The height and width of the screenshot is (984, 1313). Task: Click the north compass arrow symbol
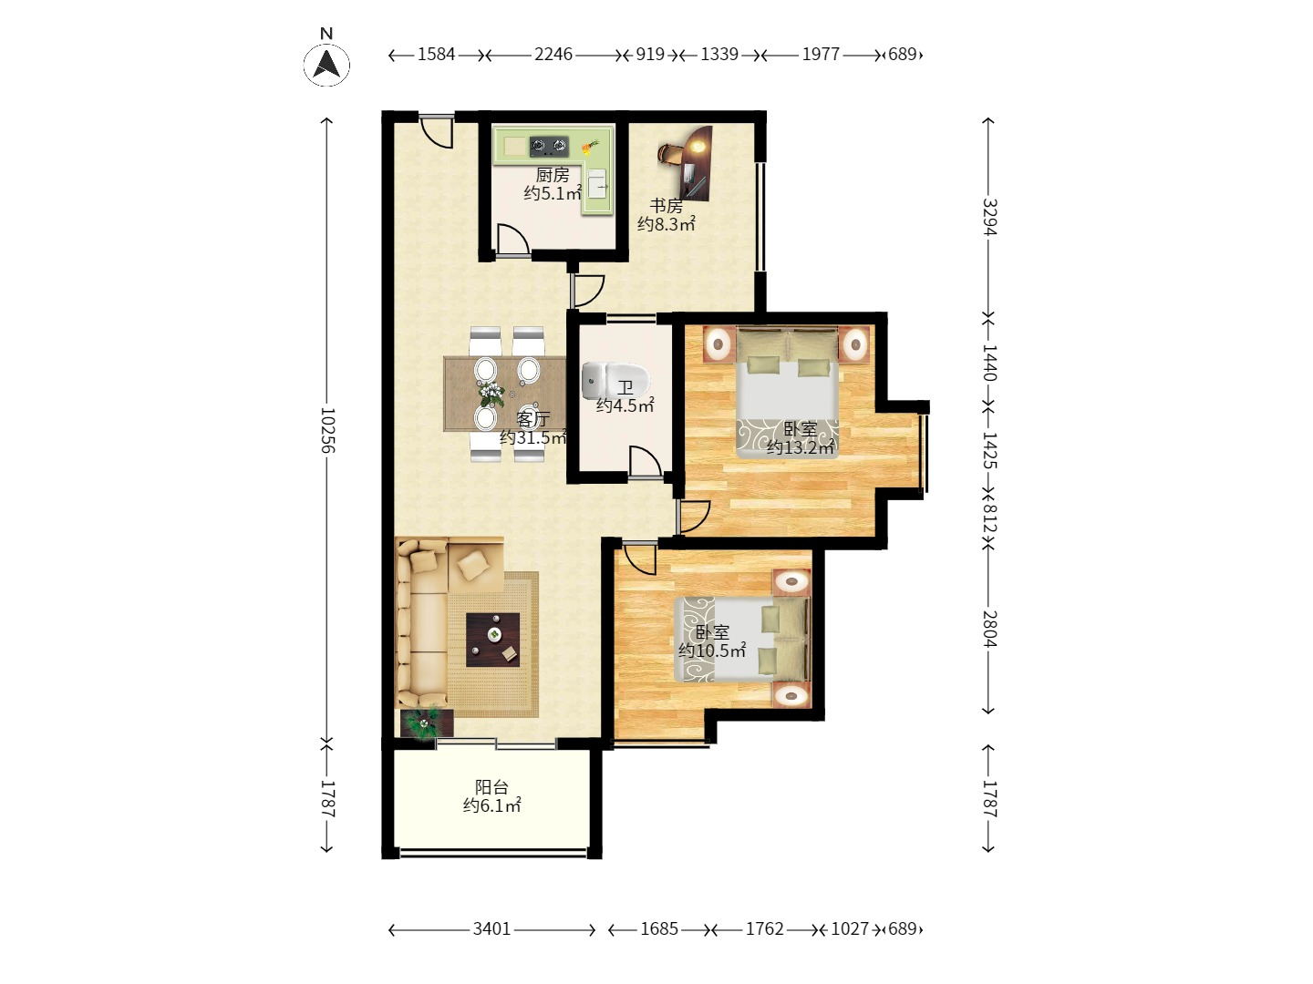click(326, 65)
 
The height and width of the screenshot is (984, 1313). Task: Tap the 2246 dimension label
click(553, 55)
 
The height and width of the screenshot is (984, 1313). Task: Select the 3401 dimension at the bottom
click(491, 928)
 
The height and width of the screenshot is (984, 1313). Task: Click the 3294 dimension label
click(990, 217)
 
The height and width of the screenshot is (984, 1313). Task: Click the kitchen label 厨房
click(553, 175)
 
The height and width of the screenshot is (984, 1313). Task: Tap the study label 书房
click(667, 206)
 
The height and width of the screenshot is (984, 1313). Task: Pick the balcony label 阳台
click(491, 787)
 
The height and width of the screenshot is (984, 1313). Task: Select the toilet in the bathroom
click(615, 381)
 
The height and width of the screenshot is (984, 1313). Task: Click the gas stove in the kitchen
click(549, 145)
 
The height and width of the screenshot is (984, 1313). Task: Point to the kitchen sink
click(597, 183)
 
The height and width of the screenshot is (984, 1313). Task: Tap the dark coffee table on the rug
click(493, 640)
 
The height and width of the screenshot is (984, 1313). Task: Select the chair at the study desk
click(668, 153)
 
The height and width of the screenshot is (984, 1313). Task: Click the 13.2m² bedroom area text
click(801, 447)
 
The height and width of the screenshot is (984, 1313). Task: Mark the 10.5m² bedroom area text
click(712, 650)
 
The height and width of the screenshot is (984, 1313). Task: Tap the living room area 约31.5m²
click(533, 437)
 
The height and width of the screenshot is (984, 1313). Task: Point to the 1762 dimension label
click(764, 928)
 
